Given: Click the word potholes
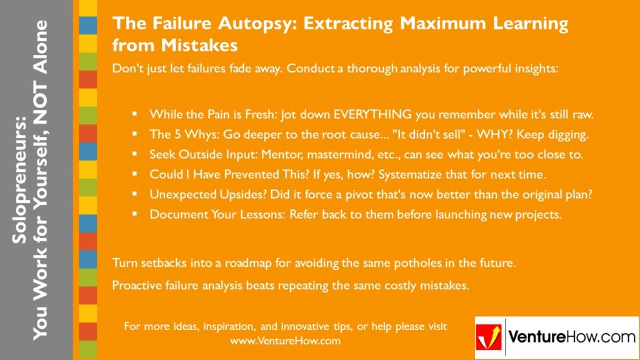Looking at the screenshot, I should pyautogui.click(x=414, y=263).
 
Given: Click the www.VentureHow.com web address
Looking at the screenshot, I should pyautogui.click(x=285, y=341).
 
